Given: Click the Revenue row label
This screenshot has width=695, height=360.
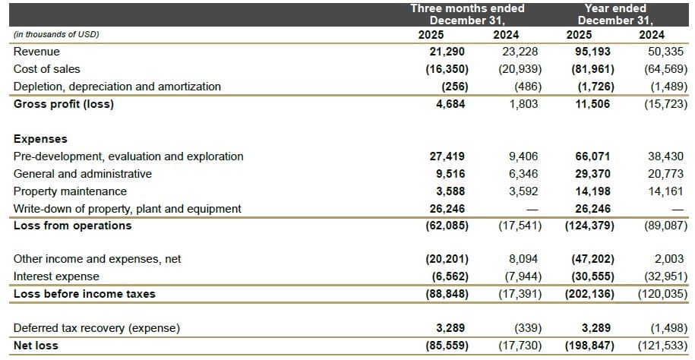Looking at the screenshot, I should pos(36,52).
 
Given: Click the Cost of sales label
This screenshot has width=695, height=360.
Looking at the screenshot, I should pos(47,69).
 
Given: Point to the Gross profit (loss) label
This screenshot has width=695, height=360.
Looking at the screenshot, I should pos(64,104).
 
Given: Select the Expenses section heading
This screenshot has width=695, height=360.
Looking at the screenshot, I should pos(40,139).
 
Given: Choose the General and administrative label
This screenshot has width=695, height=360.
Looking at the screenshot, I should pos(83,174).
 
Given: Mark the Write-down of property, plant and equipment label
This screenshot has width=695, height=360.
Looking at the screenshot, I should pos(128,208).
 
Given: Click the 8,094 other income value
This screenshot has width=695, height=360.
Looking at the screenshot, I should pos(523,259).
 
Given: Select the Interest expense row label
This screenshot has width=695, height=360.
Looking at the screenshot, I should pos(56,276).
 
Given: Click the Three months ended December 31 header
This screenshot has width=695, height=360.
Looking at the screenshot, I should pos(467,14).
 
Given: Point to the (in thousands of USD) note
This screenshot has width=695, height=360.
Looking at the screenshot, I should pos(56,35).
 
